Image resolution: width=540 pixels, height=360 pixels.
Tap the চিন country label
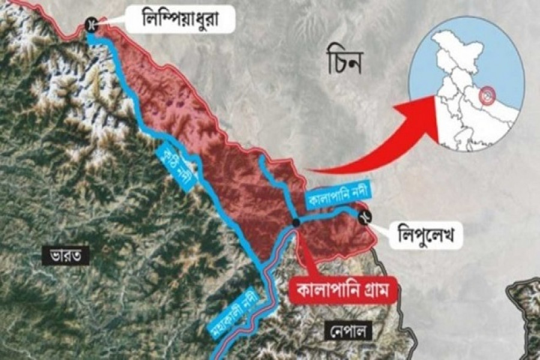point(346,64)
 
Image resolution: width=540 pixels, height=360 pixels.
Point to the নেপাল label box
point(349,330)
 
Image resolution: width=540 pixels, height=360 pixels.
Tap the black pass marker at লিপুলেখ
point(364,218)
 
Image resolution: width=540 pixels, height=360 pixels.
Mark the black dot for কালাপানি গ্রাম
point(296,223)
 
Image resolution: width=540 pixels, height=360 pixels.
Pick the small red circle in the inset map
point(489,94)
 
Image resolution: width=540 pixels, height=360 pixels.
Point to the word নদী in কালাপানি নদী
point(359,192)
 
